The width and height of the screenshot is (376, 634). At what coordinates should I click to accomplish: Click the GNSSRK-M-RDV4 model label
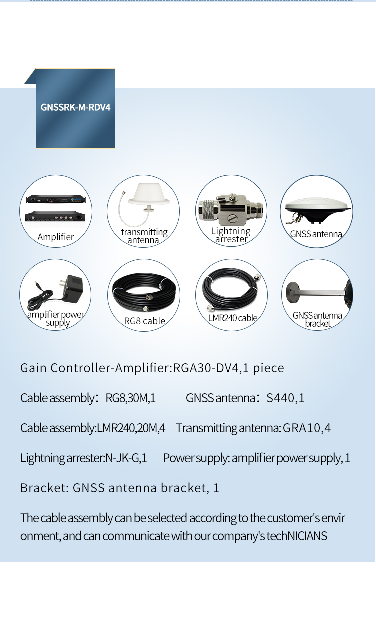tap(75, 107)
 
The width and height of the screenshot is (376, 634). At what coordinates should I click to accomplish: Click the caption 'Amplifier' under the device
tap(56, 237)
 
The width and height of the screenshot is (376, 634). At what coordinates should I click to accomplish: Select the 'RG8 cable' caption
tap(144, 321)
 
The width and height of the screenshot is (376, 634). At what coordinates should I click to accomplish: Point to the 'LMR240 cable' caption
tap(233, 318)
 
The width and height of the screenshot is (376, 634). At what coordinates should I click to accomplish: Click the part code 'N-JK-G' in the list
tap(122, 458)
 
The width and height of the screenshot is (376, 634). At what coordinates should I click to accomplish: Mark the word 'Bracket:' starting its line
tap(44, 488)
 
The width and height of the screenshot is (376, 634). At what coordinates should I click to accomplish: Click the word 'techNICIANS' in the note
tap(297, 536)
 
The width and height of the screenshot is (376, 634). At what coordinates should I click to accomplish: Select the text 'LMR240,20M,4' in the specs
tap(131, 428)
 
